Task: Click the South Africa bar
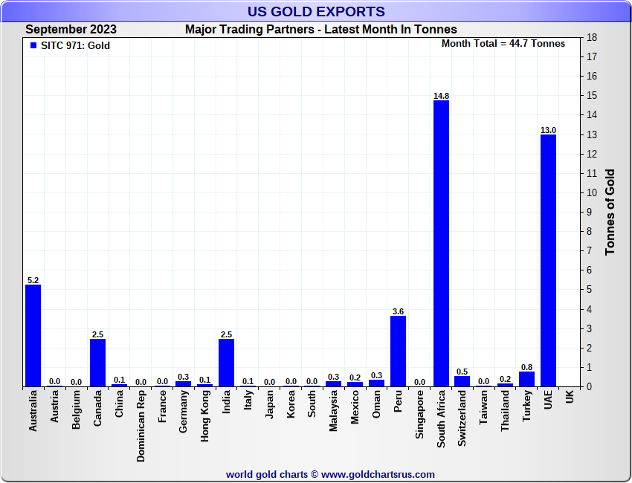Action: pos(441,244)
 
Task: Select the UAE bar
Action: pos(548,261)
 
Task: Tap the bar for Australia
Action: pos(33,336)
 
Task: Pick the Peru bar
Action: pos(398,351)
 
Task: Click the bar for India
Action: pos(226,363)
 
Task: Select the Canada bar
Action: pos(97,363)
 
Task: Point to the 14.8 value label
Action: pos(441,96)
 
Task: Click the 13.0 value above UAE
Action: pos(548,130)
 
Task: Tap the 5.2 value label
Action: pos(33,280)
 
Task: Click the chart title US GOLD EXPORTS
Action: pos(316,11)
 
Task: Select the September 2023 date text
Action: pos(71,30)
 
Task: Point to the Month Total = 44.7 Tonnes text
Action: pos(503,43)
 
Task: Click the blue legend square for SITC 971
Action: pos(33,45)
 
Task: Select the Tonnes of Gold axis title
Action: pos(610,212)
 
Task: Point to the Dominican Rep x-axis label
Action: pos(141,427)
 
